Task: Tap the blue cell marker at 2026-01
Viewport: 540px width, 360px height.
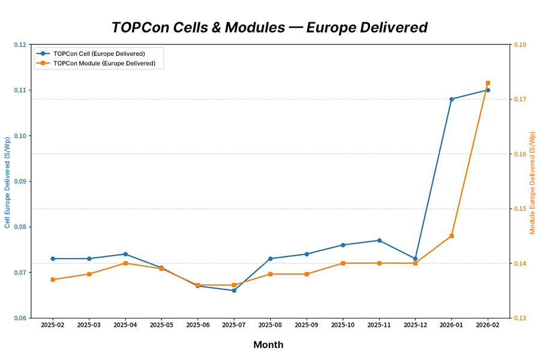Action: click(x=451, y=99)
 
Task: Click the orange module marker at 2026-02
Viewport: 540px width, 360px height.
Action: click(x=488, y=83)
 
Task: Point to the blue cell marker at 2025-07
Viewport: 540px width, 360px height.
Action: click(x=234, y=290)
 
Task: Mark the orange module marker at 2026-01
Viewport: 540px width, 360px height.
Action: click(x=451, y=236)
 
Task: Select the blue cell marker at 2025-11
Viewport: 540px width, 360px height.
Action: click(x=379, y=240)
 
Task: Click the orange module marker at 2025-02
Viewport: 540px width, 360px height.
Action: click(x=53, y=280)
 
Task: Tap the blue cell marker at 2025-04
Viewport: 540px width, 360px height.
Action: click(x=125, y=254)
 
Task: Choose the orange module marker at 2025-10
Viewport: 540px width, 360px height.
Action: click(x=343, y=263)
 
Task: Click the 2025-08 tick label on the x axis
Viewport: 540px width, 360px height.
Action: click(x=270, y=325)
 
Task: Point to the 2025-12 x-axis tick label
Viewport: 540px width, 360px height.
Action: click(x=415, y=325)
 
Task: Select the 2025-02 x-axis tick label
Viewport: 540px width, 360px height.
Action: click(x=53, y=325)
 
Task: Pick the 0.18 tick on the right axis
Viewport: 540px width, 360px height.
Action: click(x=520, y=44)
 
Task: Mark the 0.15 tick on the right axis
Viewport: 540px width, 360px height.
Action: click(x=520, y=209)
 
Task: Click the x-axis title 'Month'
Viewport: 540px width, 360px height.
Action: click(x=268, y=344)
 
